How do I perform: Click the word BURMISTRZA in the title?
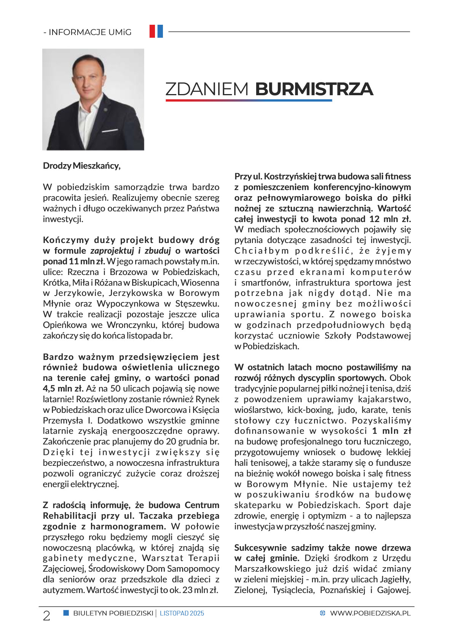click(x=314, y=89)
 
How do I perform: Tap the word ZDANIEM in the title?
click(x=207, y=89)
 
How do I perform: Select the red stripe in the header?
click(x=152, y=31)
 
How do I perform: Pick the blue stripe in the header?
click(x=160, y=31)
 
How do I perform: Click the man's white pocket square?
click(x=110, y=131)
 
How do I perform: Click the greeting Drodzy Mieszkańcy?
click(x=81, y=166)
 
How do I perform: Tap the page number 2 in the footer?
click(x=46, y=615)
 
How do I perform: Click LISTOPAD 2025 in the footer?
click(x=182, y=613)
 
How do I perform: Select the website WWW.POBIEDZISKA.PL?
click(x=370, y=613)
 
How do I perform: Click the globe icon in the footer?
click(x=323, y=613)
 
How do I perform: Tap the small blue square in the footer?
click(x=66, y=613)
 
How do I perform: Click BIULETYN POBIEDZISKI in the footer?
click(x=113, y=613)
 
